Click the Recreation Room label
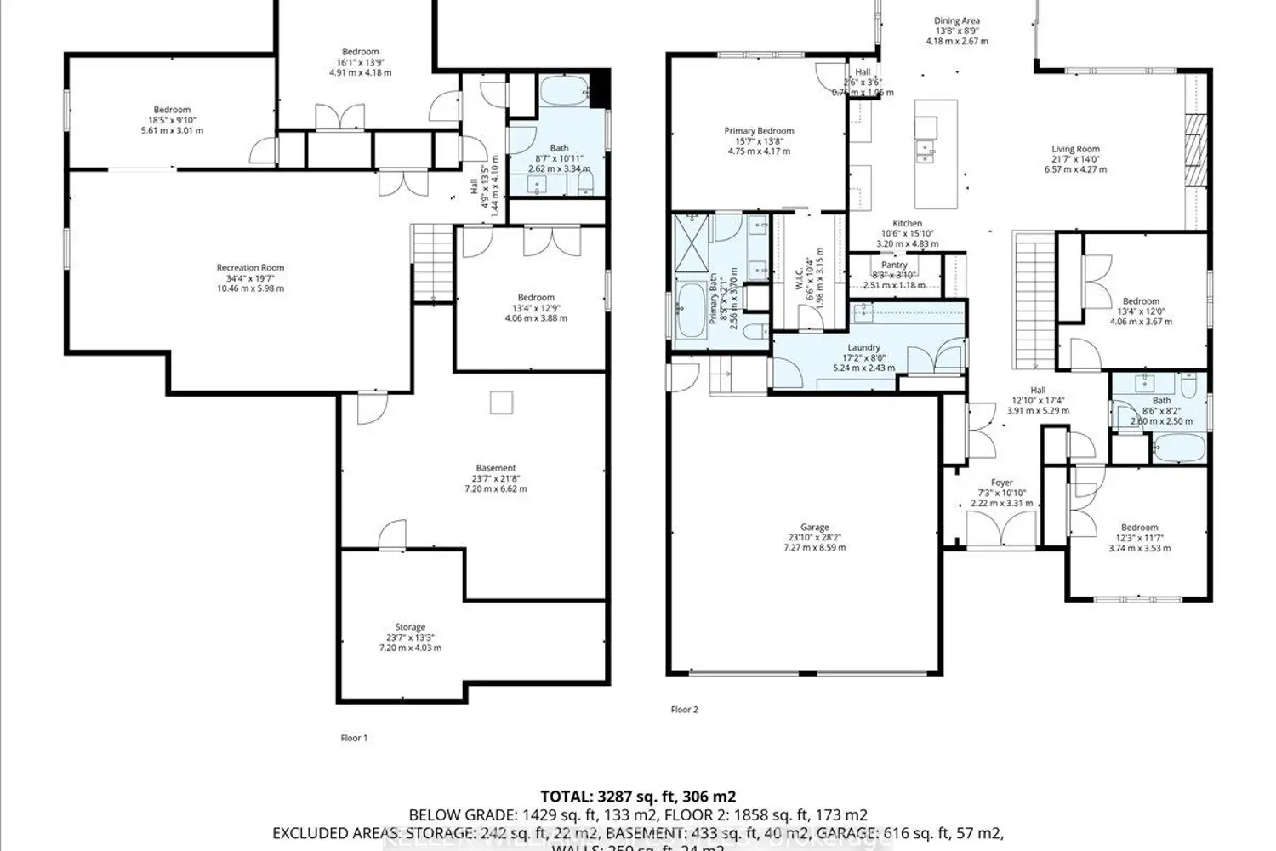(250, 268)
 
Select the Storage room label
(410, 627)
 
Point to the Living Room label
(1075, 149)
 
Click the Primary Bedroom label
(759, 131)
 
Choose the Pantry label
(894, 266)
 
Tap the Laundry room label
(863, 348)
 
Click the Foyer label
(1001, 483)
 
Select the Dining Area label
(957, 21)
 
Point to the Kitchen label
(907, 224)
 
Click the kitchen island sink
(924, 151)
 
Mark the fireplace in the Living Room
(1196, 148)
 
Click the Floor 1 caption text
(354, 739)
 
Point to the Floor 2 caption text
(684, 710)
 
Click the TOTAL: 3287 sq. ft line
(638, 797)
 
